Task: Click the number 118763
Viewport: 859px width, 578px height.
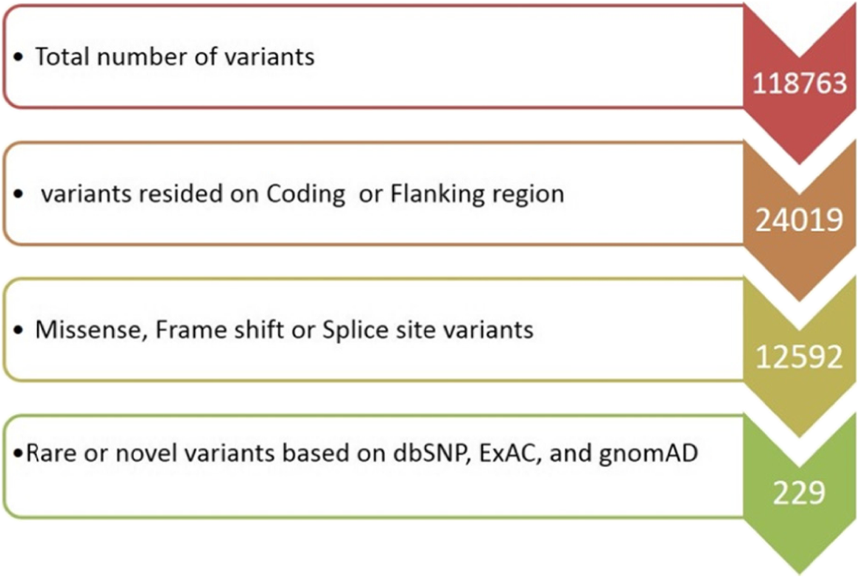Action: coord(799,83)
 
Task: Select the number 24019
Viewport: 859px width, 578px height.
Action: coord(799,220)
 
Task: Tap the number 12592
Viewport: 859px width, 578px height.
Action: coord(799,357)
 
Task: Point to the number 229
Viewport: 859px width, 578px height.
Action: coord(799,493)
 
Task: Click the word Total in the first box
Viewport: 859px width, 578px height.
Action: coord(62,57)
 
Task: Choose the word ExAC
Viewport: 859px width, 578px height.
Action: coord(509,453)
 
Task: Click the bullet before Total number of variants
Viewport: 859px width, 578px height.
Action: coord(19,58)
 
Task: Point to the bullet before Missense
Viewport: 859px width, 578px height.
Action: coord(19,331)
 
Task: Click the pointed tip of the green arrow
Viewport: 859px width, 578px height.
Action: coord(800,572)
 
